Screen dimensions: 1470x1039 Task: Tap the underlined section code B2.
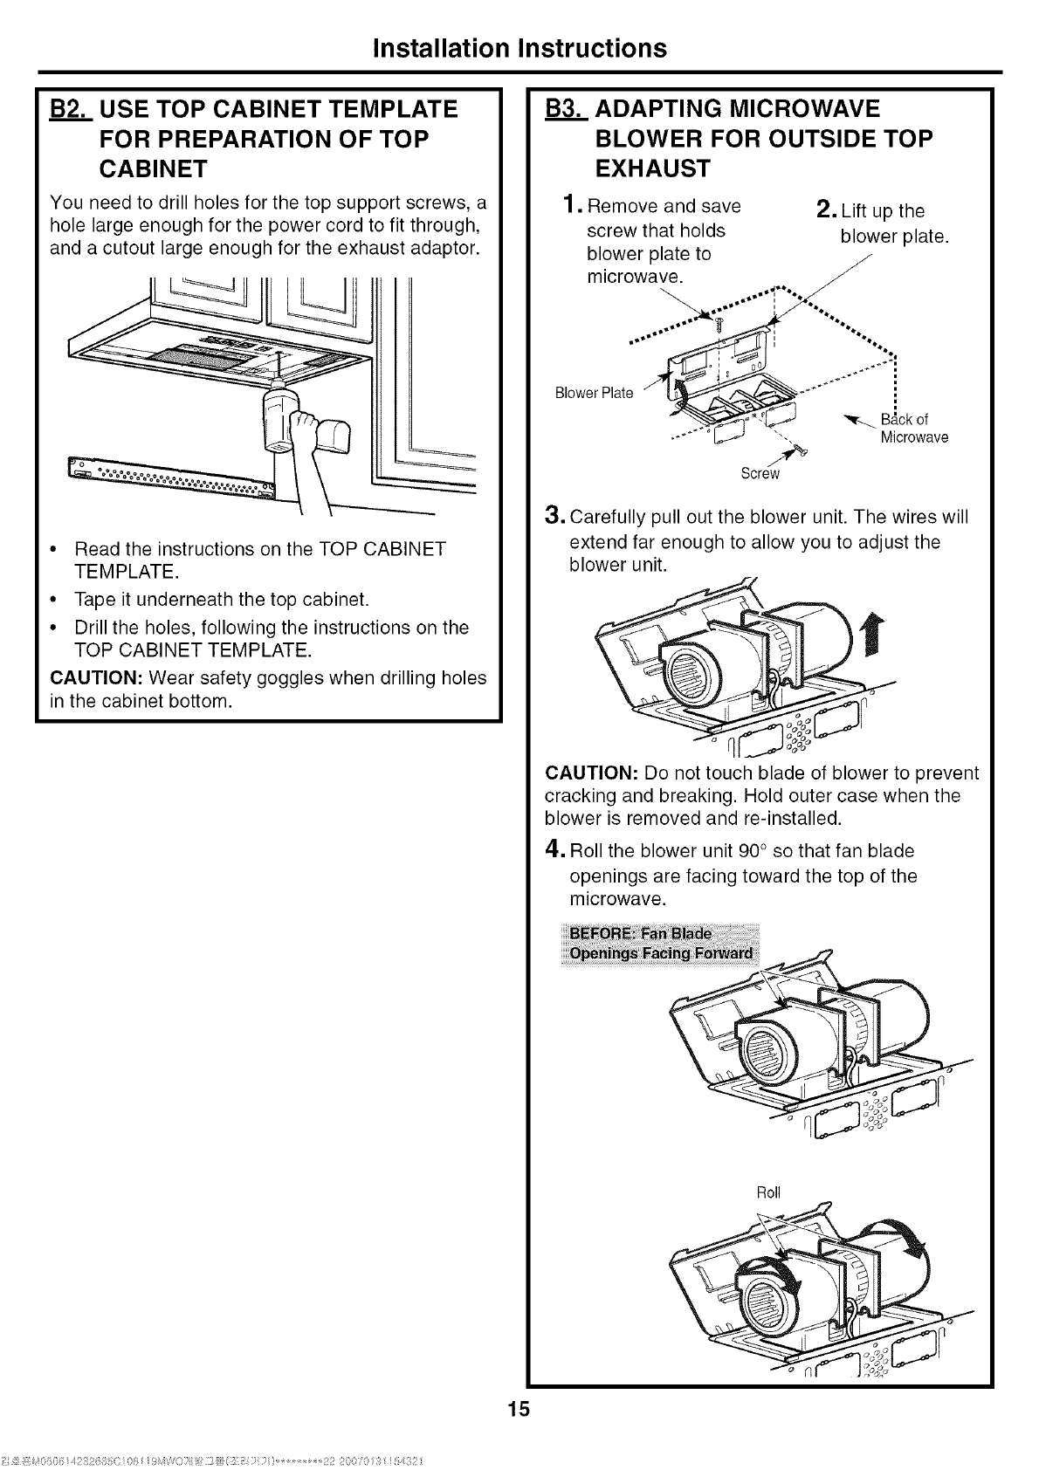pos(65,110)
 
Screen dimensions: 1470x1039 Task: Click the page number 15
pos(519,1410)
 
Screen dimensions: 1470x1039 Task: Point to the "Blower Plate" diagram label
pos(594,393)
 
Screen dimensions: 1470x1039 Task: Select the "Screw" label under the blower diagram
pos(759,474)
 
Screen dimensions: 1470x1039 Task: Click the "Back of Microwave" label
pos(912,428)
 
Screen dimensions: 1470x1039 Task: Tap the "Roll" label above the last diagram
pos(768,1192)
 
